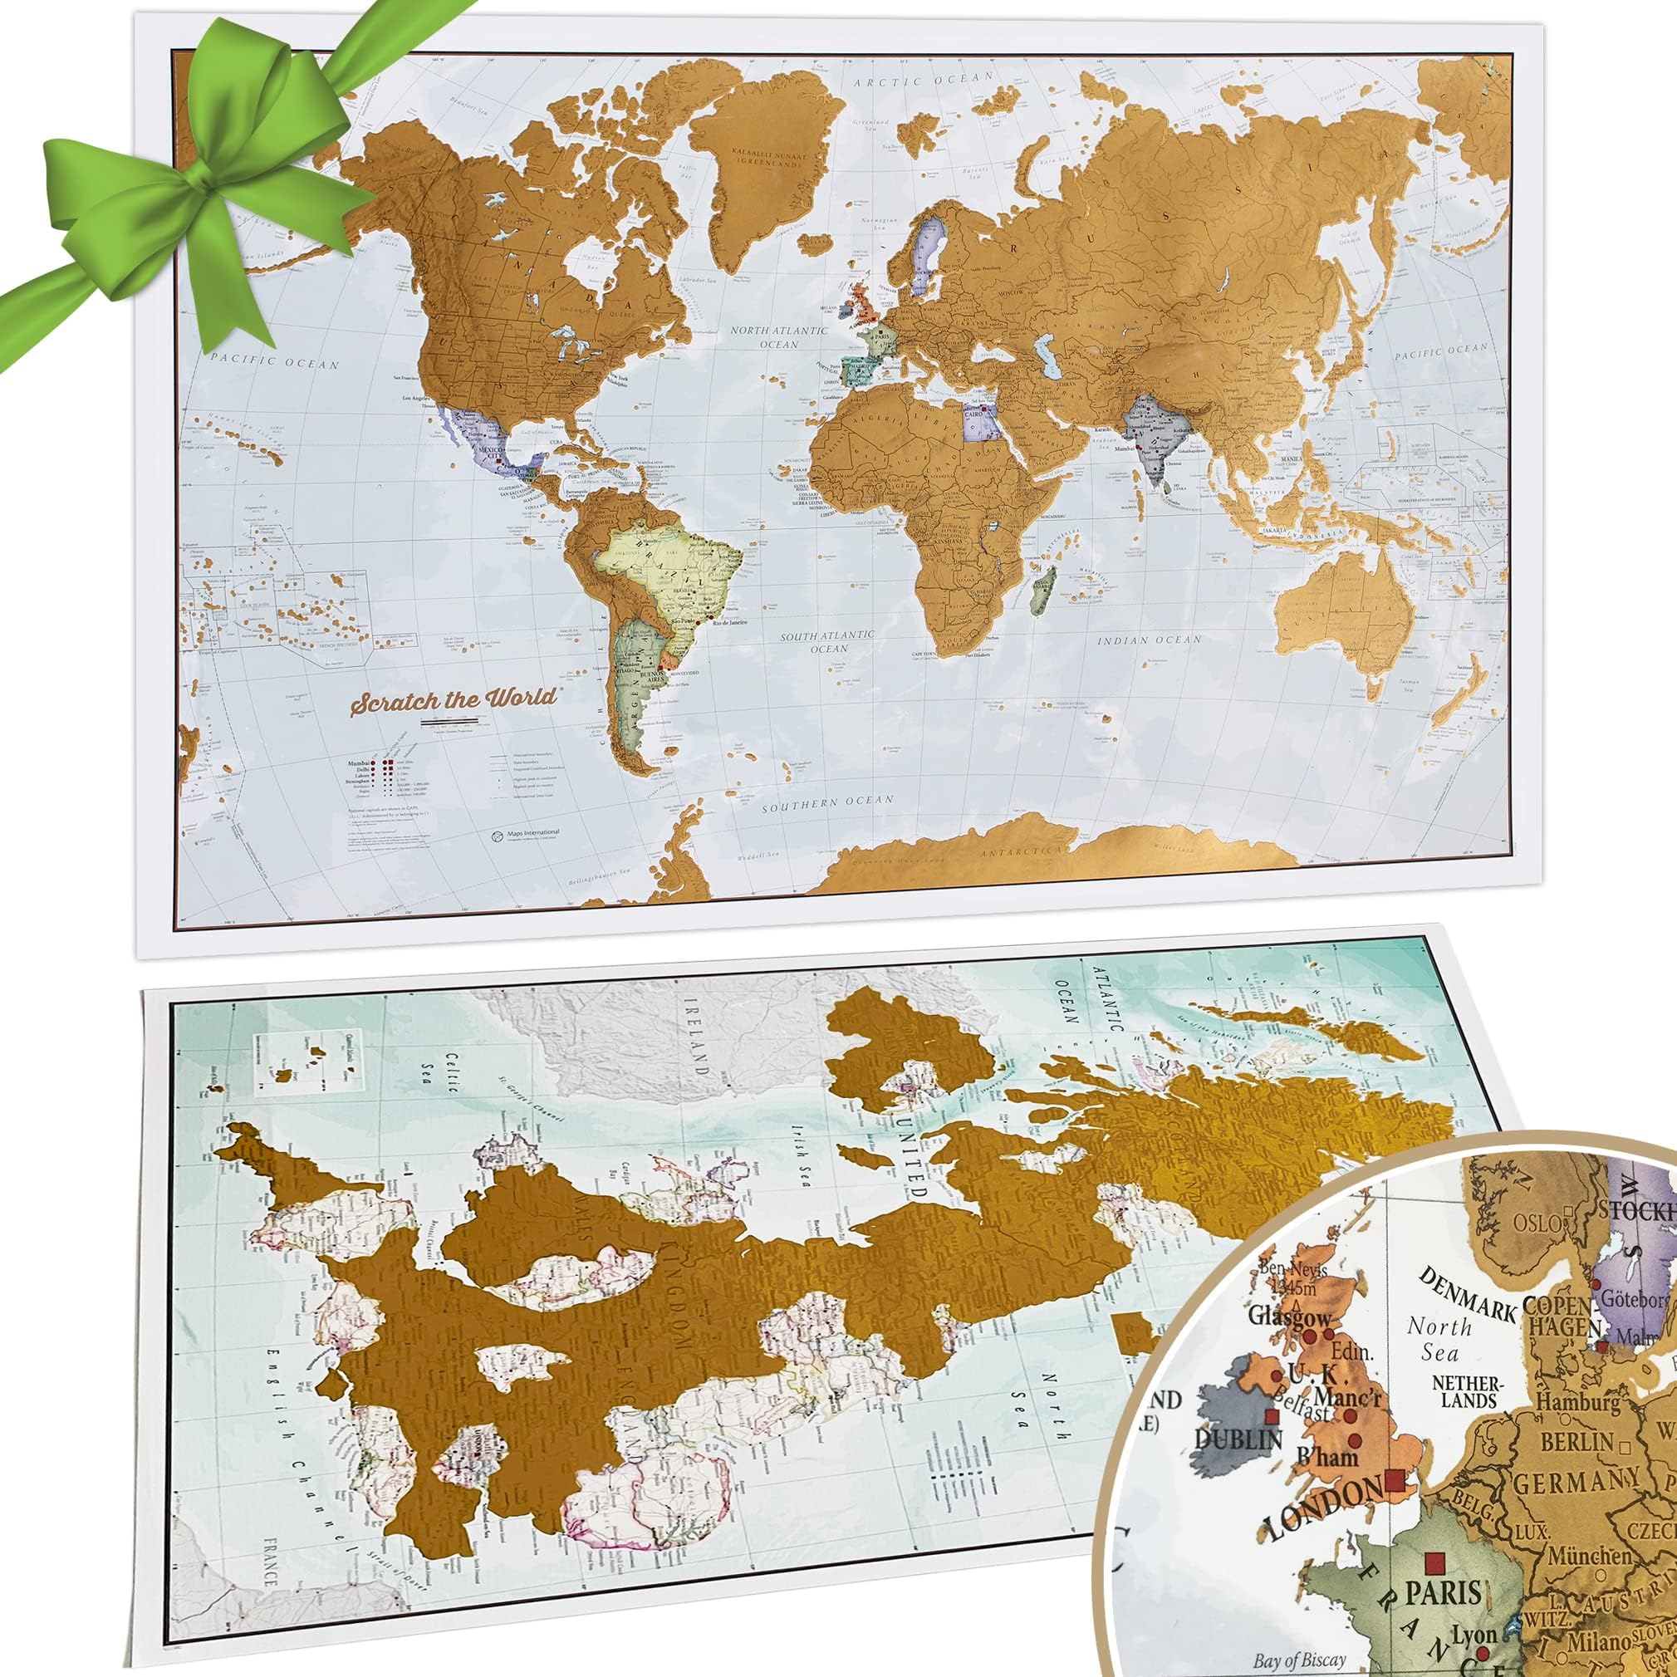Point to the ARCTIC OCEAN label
click(922, 79)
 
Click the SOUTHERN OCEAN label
click(827, 803)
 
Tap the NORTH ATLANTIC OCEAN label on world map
click(777, 336)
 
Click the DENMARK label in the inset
click(1466, 1287)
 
